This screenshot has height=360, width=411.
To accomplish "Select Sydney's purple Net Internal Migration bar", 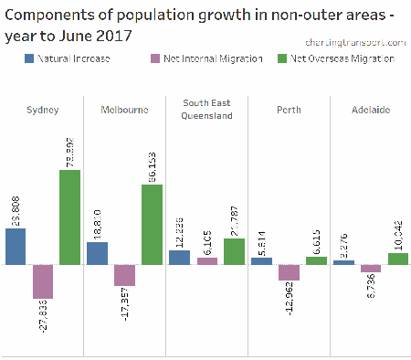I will point(43,281).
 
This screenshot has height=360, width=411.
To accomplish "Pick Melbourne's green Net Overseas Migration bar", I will point(152,225).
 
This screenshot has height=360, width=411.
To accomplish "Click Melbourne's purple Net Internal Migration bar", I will point(124,275).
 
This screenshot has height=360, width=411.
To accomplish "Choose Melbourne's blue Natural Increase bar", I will point(98,253).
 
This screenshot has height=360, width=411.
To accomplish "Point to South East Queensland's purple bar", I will point(207,261).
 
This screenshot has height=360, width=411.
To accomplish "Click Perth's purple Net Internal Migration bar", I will point(289,272).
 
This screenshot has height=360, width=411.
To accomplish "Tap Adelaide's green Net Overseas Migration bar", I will point(397,259).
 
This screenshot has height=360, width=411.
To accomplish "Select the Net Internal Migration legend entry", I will point(191,58).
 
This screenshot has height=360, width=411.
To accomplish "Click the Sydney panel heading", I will point(42,109).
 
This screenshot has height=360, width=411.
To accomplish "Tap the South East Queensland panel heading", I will point(206,109).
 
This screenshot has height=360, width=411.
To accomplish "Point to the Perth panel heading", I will point(289,109).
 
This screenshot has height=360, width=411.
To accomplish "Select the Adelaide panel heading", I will point(370,109).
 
